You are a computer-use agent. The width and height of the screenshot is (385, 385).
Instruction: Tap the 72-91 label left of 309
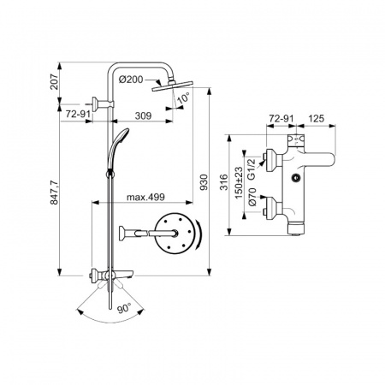(x=80, y=114)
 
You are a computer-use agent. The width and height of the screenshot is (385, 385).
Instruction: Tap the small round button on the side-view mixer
(x=295, y=179)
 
